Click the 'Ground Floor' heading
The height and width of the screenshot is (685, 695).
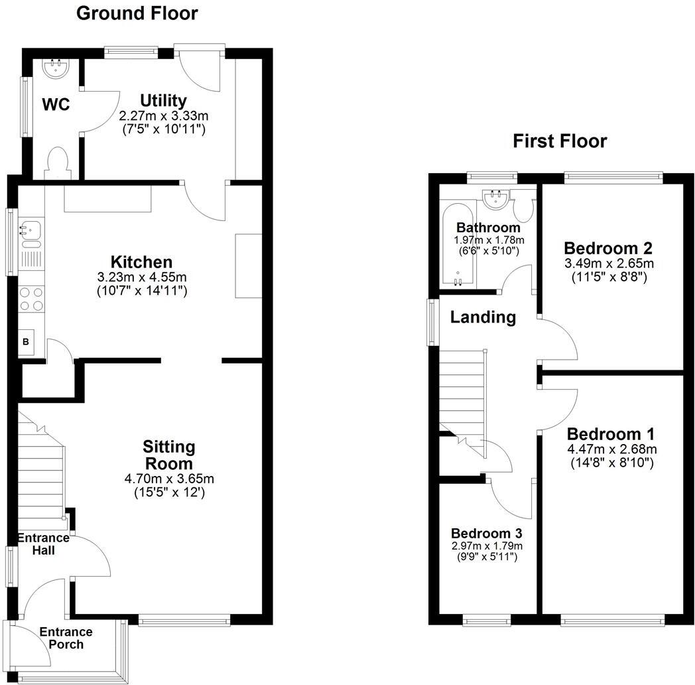click(x=137, y=13)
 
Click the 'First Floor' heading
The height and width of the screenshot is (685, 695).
click(x=560, y=141)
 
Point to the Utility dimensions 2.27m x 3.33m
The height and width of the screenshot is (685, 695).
click(x=162, y=115)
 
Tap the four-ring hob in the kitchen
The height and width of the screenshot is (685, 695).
click(x=31, y=298)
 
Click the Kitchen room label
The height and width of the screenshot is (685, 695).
click(x=141, y=262)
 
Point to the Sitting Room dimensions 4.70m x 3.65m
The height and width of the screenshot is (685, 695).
click(x=168, y=478)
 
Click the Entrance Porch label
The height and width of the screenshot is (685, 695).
click(x=66, y=638)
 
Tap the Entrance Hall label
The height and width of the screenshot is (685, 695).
click(x=43, y=544)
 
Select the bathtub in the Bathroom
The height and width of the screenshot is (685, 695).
click(x=458, y=246)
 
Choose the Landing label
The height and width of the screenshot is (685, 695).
click(x=483, y=317)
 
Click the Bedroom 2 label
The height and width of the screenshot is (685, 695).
click(x=607, y=248)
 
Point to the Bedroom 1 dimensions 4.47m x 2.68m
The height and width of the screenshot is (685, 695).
click(x=610, y=449)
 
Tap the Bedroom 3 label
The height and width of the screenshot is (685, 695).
click(x=486, y=533)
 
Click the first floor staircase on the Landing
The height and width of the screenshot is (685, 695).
click(x=463, y=392)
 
